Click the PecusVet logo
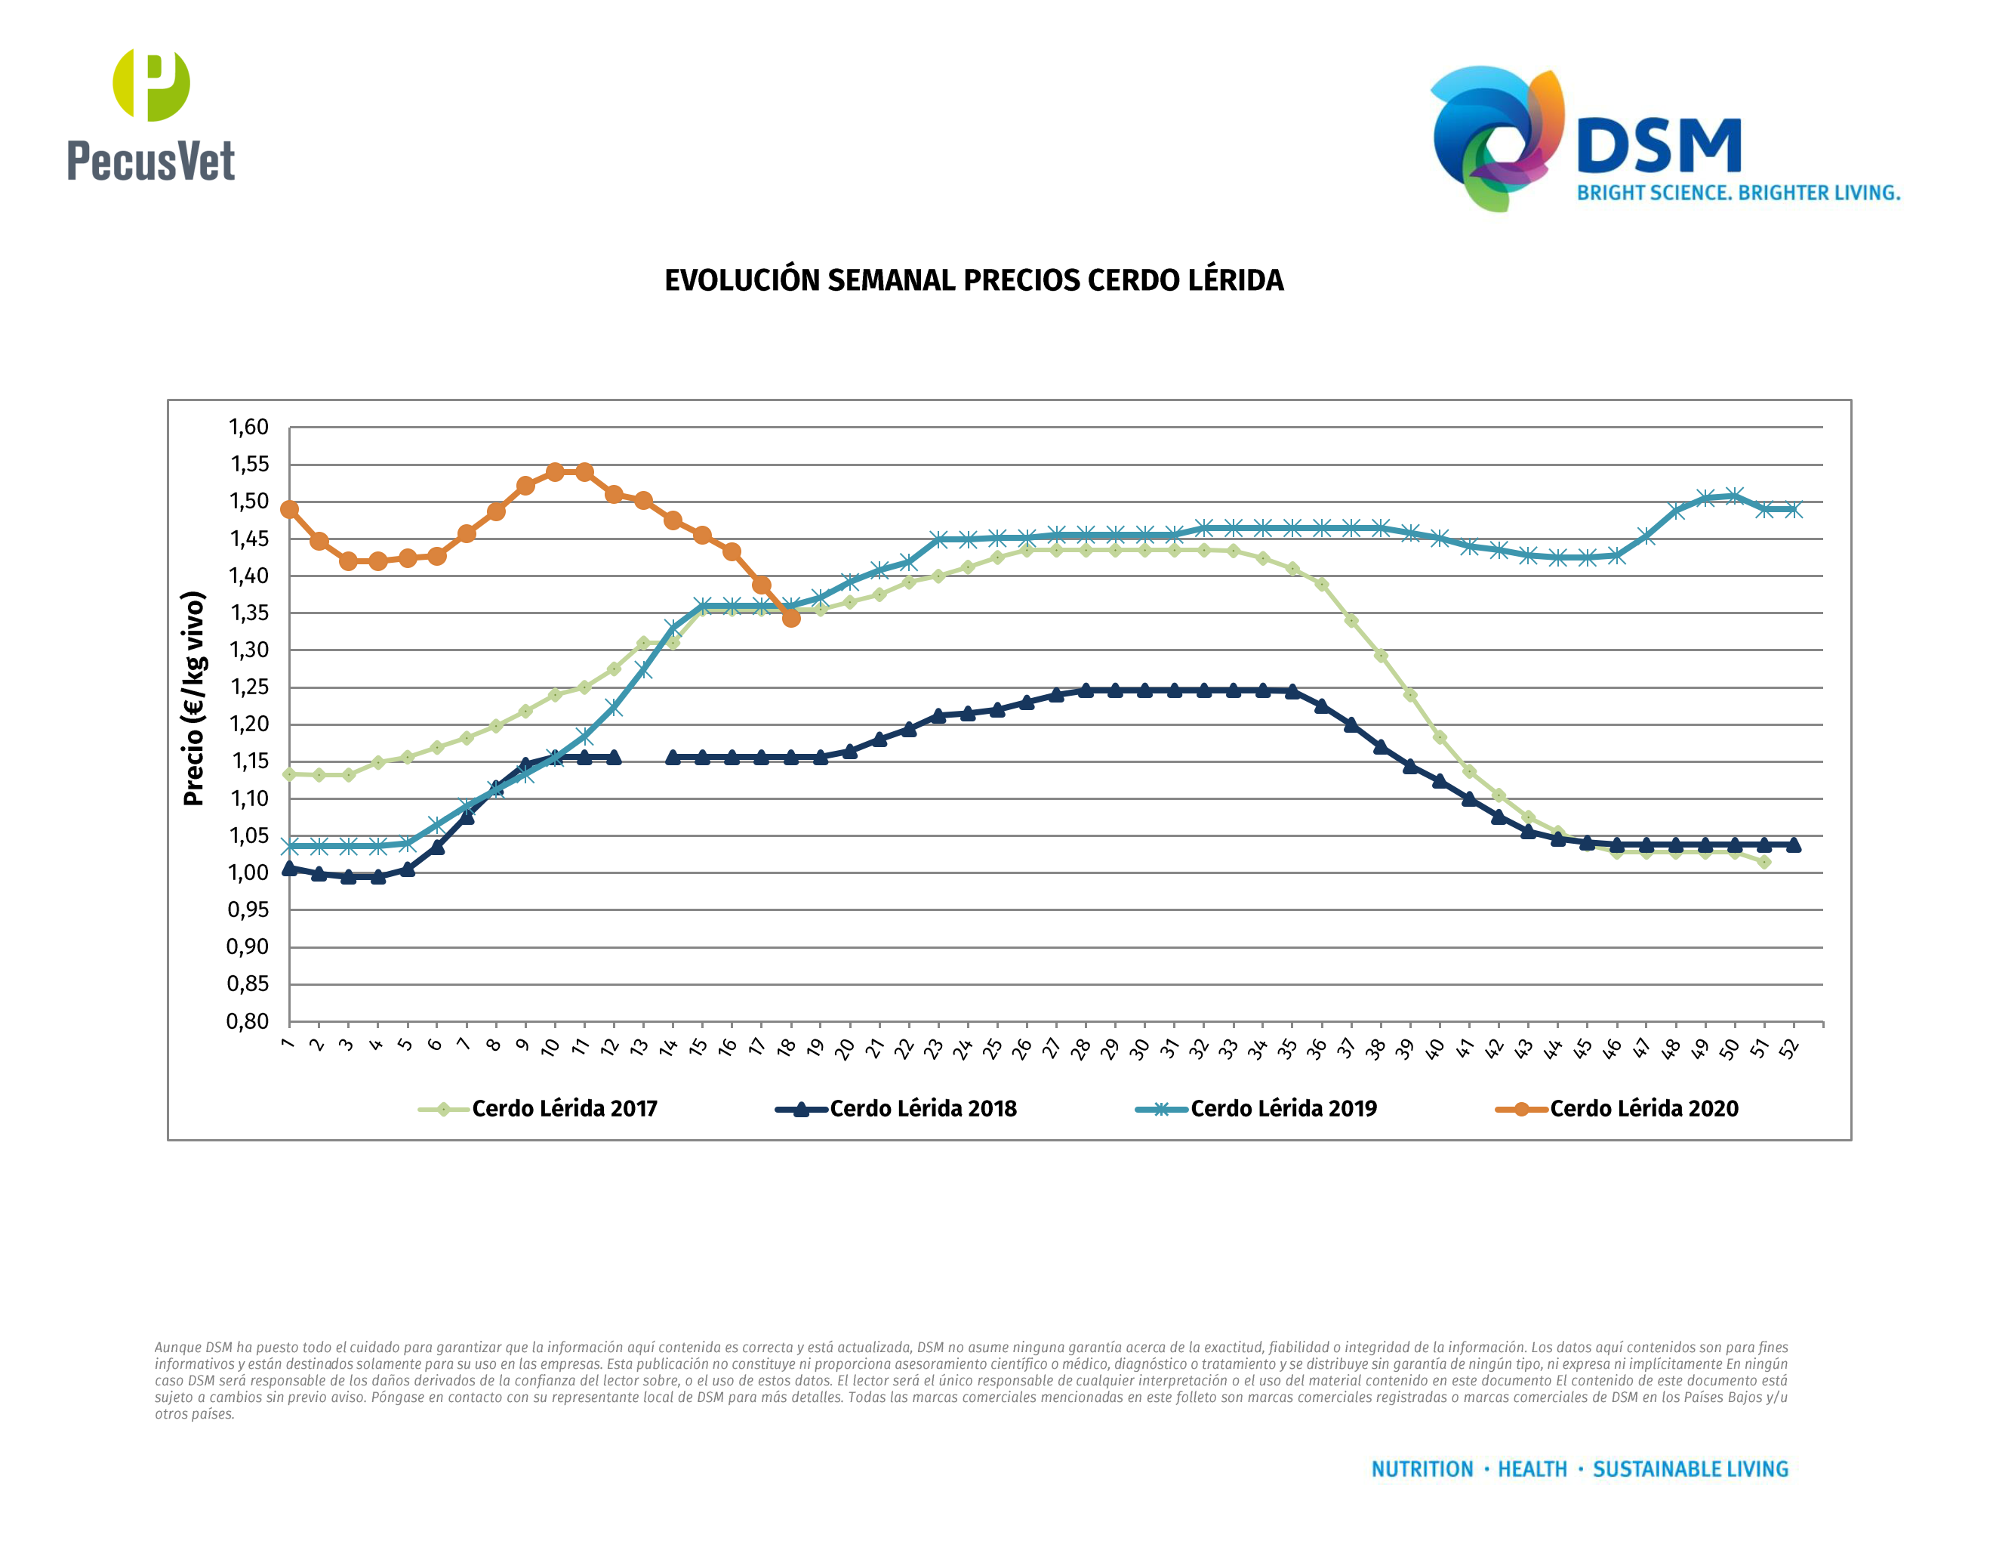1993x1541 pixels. tap(150, 114)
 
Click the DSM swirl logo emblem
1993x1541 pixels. tap(1496, 137)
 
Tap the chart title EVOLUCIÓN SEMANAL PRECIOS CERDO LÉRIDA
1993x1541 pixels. tap(974, 280)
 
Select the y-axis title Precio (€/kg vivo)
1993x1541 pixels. tap(193, 699)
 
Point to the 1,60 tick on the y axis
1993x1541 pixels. tap(248, 428)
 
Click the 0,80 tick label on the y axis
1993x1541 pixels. tap(248, 1021)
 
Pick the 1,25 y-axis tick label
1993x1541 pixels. tap(248, 687)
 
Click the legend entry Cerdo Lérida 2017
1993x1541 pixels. tap(564, 1108)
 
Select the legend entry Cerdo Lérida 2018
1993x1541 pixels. tap(923, 1108)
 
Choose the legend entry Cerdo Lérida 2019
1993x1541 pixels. tap(1283, 1108)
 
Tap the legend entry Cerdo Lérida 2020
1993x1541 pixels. tap(1643, 1108)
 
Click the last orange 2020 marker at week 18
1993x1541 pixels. tap(791, 618)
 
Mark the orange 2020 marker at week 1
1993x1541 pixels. tap(289, 509)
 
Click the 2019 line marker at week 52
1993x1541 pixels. tap(1793, 509)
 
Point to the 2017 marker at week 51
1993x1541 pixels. tap(1764, 862)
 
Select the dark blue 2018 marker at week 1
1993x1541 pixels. tap(289, 868)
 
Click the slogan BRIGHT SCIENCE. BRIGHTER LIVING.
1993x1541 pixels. tap(1738, 193)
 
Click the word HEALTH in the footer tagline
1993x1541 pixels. tap(1532, 1469)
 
